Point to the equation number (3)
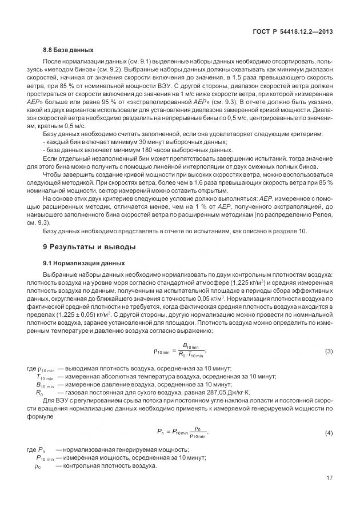[x=329, y=350]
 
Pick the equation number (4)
[x=329, y=433]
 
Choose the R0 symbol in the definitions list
[x=39, y=393]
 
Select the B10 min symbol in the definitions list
[x=45, y=385]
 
